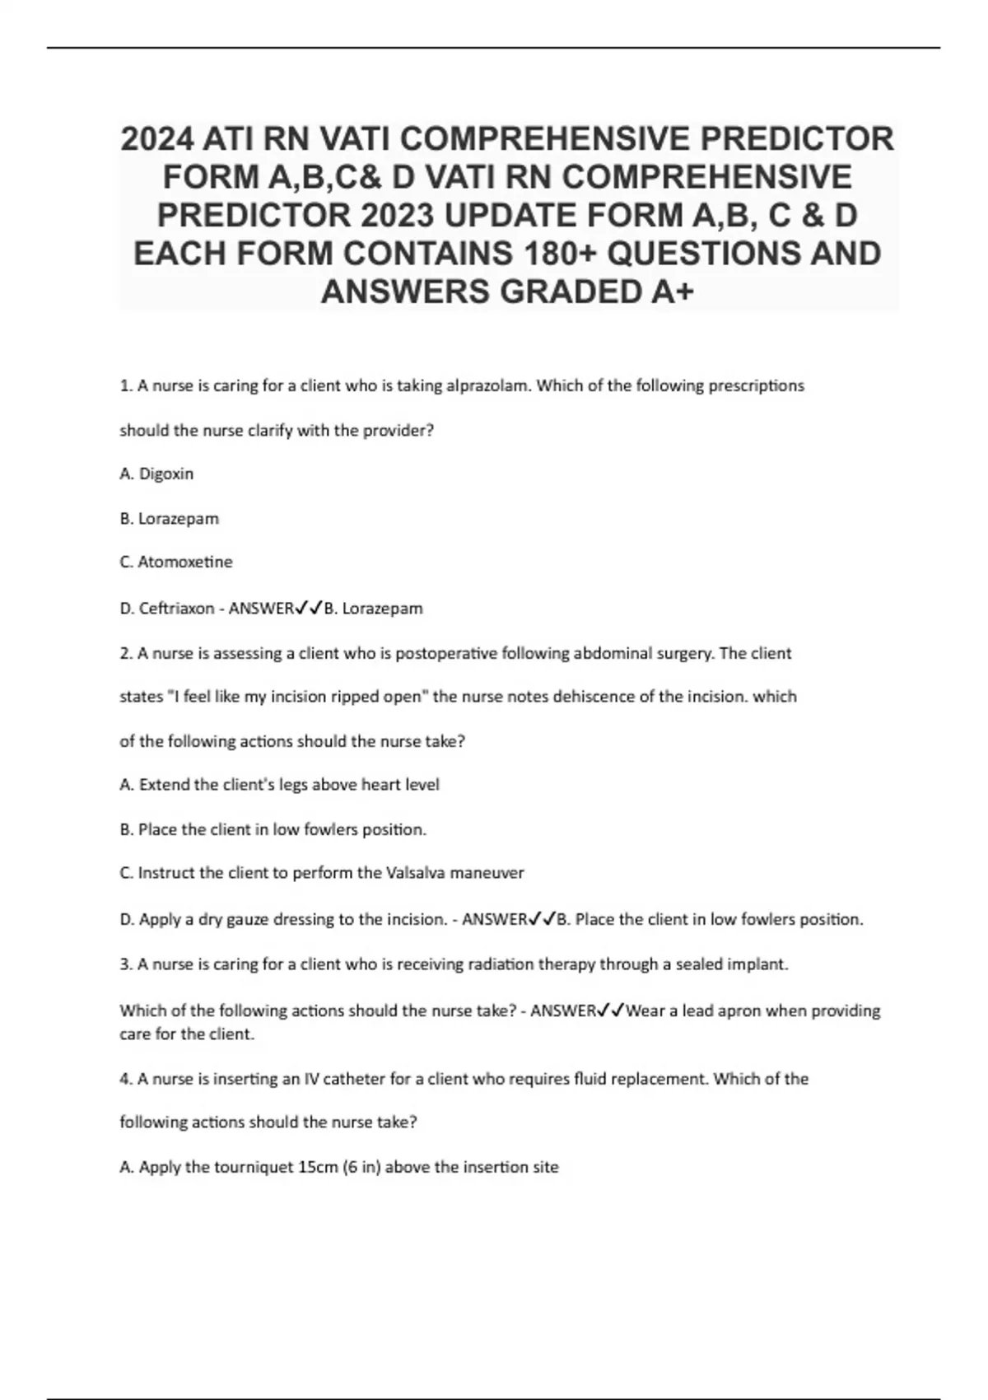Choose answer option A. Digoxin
click(x=156, y=474)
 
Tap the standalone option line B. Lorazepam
click(x=170, y=518)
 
